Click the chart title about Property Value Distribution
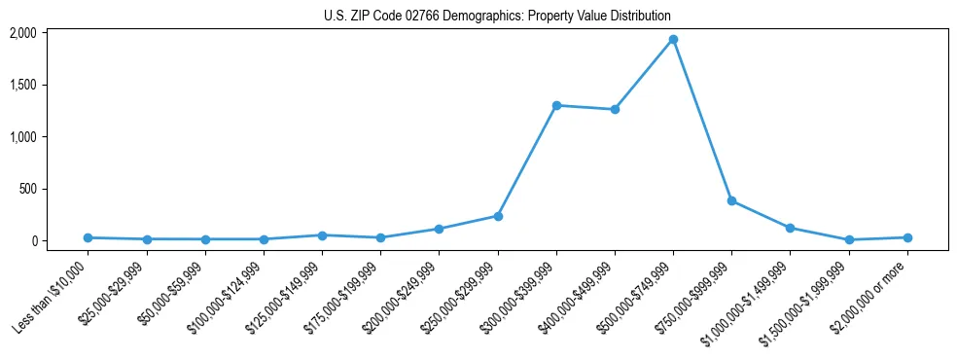(497, 17)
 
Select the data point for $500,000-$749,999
(673, 40)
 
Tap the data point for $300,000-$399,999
(556, 105)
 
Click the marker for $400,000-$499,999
(615, 110)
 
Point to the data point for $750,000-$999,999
(731, 200)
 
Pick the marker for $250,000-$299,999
(498, 216)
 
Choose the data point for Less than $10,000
(88, 237)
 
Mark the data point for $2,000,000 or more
(907, 237)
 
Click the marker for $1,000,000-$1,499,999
(790, 228)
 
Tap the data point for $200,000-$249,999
(439, 229)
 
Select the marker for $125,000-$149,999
(322, 235)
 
